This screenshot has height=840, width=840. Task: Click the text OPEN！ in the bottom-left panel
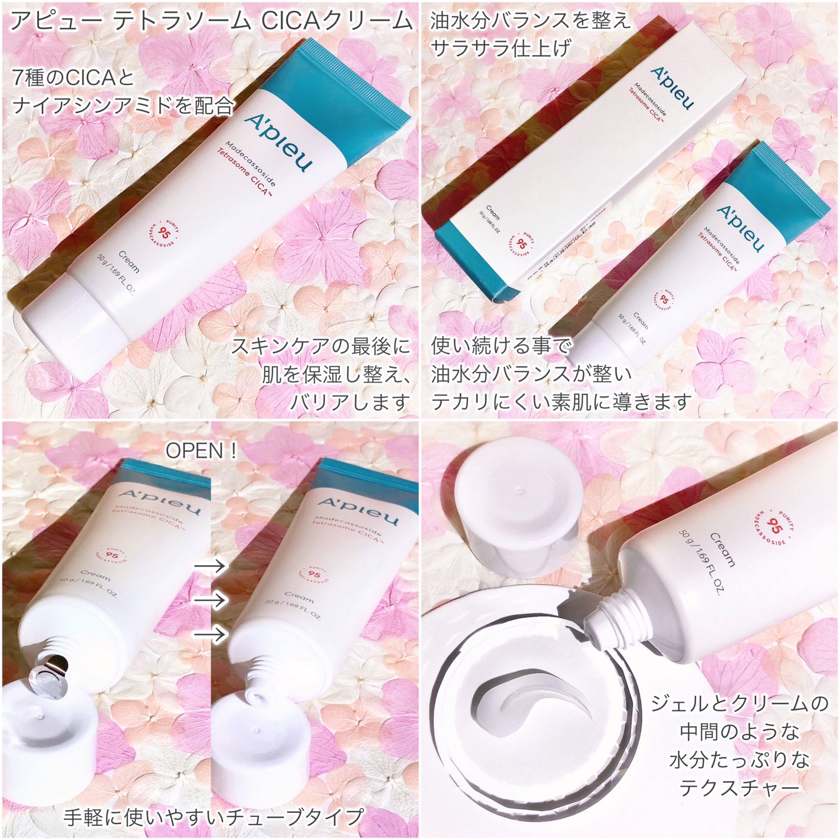click(201, 451)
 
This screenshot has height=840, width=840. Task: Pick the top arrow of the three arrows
click(211, 566)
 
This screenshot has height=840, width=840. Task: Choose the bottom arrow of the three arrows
click(211, 634)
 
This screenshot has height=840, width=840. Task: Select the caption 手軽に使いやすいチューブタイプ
click(212, 817)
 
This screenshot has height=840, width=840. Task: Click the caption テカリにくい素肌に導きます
click(560, 402)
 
